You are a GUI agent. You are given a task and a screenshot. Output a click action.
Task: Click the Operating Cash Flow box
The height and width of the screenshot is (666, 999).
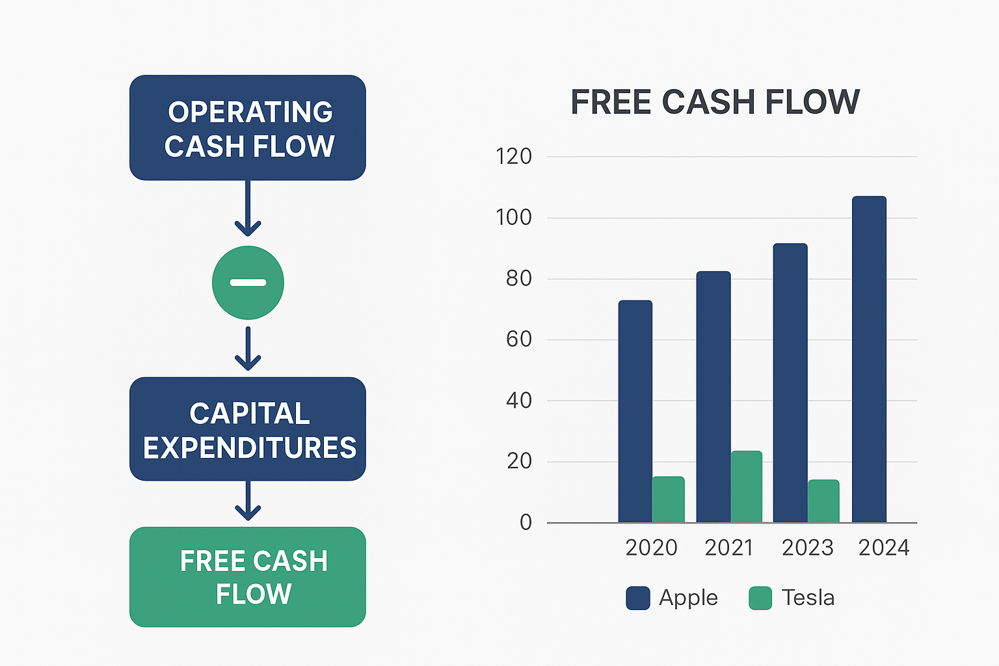(248, 127)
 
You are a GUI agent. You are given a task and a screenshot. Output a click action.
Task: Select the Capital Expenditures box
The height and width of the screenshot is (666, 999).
(248, 429)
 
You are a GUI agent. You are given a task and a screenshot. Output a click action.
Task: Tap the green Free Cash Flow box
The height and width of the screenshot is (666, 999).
(248, 577)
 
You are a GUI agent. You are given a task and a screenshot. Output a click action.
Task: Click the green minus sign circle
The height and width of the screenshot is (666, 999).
(248, 283)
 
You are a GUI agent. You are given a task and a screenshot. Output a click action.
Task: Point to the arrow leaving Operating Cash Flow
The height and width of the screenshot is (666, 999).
(248, 208)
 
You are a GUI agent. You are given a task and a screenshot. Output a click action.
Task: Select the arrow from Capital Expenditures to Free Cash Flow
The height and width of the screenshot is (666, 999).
(248, 501)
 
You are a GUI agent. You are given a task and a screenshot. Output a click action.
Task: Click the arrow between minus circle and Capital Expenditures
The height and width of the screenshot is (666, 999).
(248, 349)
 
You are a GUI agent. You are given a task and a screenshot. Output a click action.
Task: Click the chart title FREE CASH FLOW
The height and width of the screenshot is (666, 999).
(715, 101)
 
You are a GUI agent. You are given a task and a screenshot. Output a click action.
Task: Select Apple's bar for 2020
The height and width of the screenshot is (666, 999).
(635, 411)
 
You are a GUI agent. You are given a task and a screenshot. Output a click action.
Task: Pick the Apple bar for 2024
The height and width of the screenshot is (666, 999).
(869, 359)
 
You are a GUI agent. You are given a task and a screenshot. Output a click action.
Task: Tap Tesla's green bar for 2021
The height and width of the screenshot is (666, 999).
(747, 486)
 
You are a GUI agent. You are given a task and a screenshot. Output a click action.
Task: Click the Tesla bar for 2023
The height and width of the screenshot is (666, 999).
(824, 501)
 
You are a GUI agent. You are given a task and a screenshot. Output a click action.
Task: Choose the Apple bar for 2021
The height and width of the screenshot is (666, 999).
(713, 397)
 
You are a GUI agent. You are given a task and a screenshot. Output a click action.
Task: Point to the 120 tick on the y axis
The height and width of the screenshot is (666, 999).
(514, 157)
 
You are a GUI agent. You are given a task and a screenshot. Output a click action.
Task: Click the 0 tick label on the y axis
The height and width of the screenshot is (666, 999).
(526, 522)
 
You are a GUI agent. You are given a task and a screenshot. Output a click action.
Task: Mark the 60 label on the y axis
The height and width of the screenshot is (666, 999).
(518, 340)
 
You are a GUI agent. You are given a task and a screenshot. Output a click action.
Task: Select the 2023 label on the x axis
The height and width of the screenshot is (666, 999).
(808, 548)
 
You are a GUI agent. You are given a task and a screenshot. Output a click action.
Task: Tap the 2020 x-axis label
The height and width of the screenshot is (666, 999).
(652, 548)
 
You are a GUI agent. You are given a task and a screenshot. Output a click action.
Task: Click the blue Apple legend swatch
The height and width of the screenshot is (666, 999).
(638, 598)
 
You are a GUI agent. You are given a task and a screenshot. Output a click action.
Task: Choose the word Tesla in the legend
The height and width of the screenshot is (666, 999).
(808, 598)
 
